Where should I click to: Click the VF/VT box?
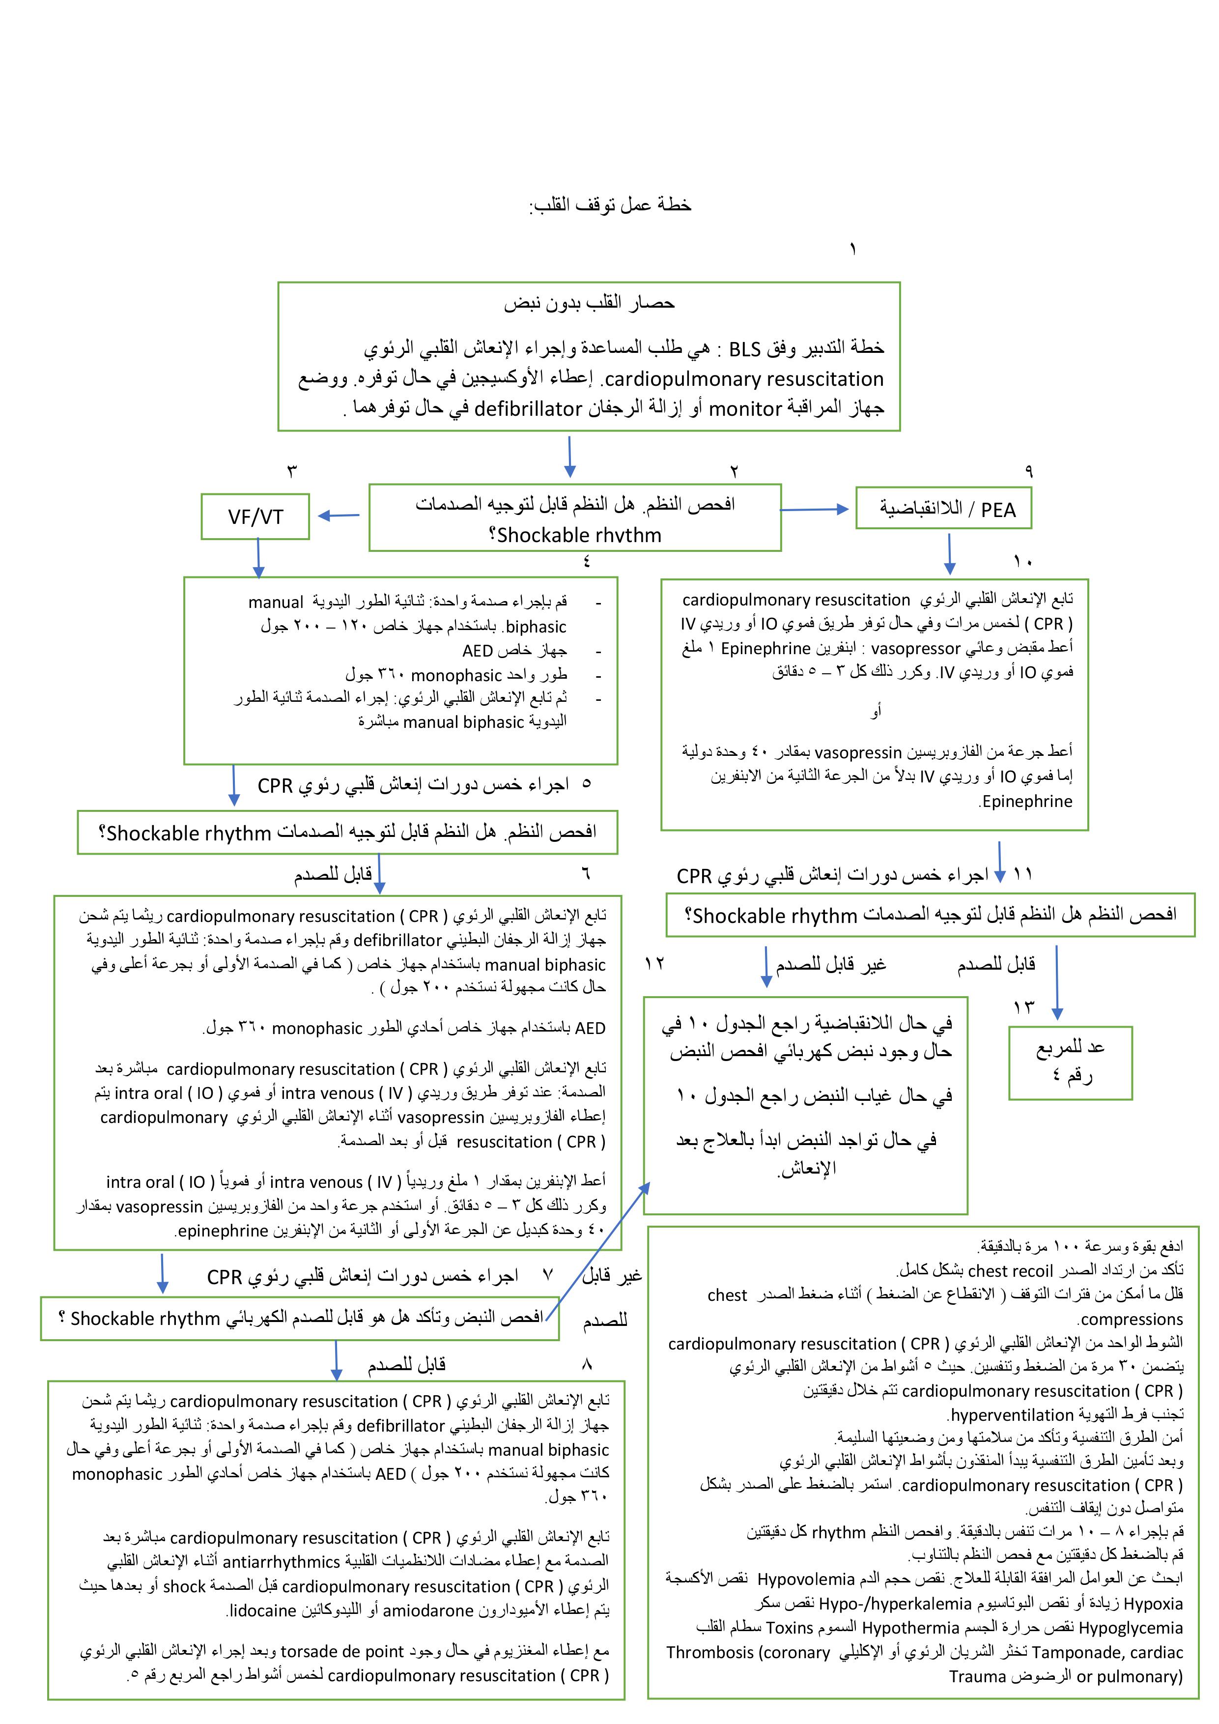tap(255, 517)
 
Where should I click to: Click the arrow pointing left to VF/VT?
tap(340, 516)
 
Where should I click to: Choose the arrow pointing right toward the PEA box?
tap(815, 510)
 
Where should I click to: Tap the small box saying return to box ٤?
tap(1070, 1063)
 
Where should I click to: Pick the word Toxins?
tap(789, 1628)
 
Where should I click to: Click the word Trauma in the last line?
tap(977, 1677)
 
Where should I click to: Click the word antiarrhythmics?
tap(282, 1562)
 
